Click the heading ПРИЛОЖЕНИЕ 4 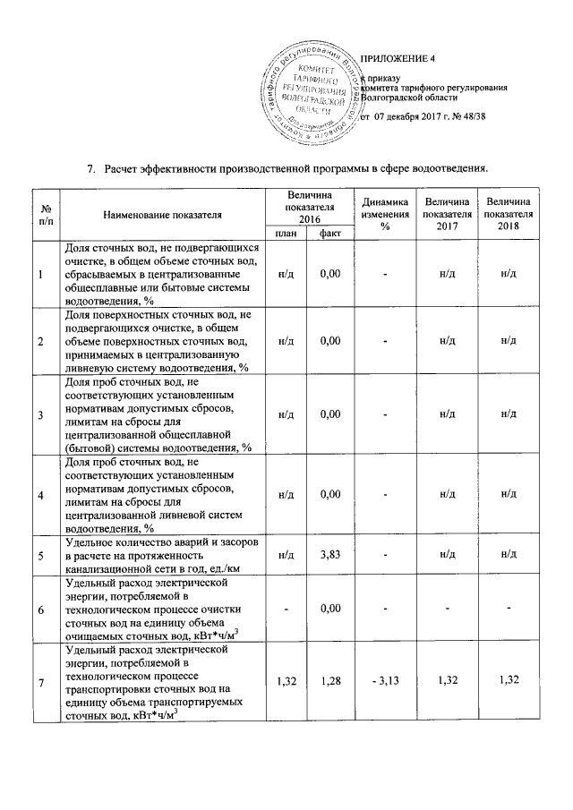(x=397, y=59)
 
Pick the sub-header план (x=286, y=234)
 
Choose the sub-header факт (x=331, y=234)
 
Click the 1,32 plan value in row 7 (x=286, y=683)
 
